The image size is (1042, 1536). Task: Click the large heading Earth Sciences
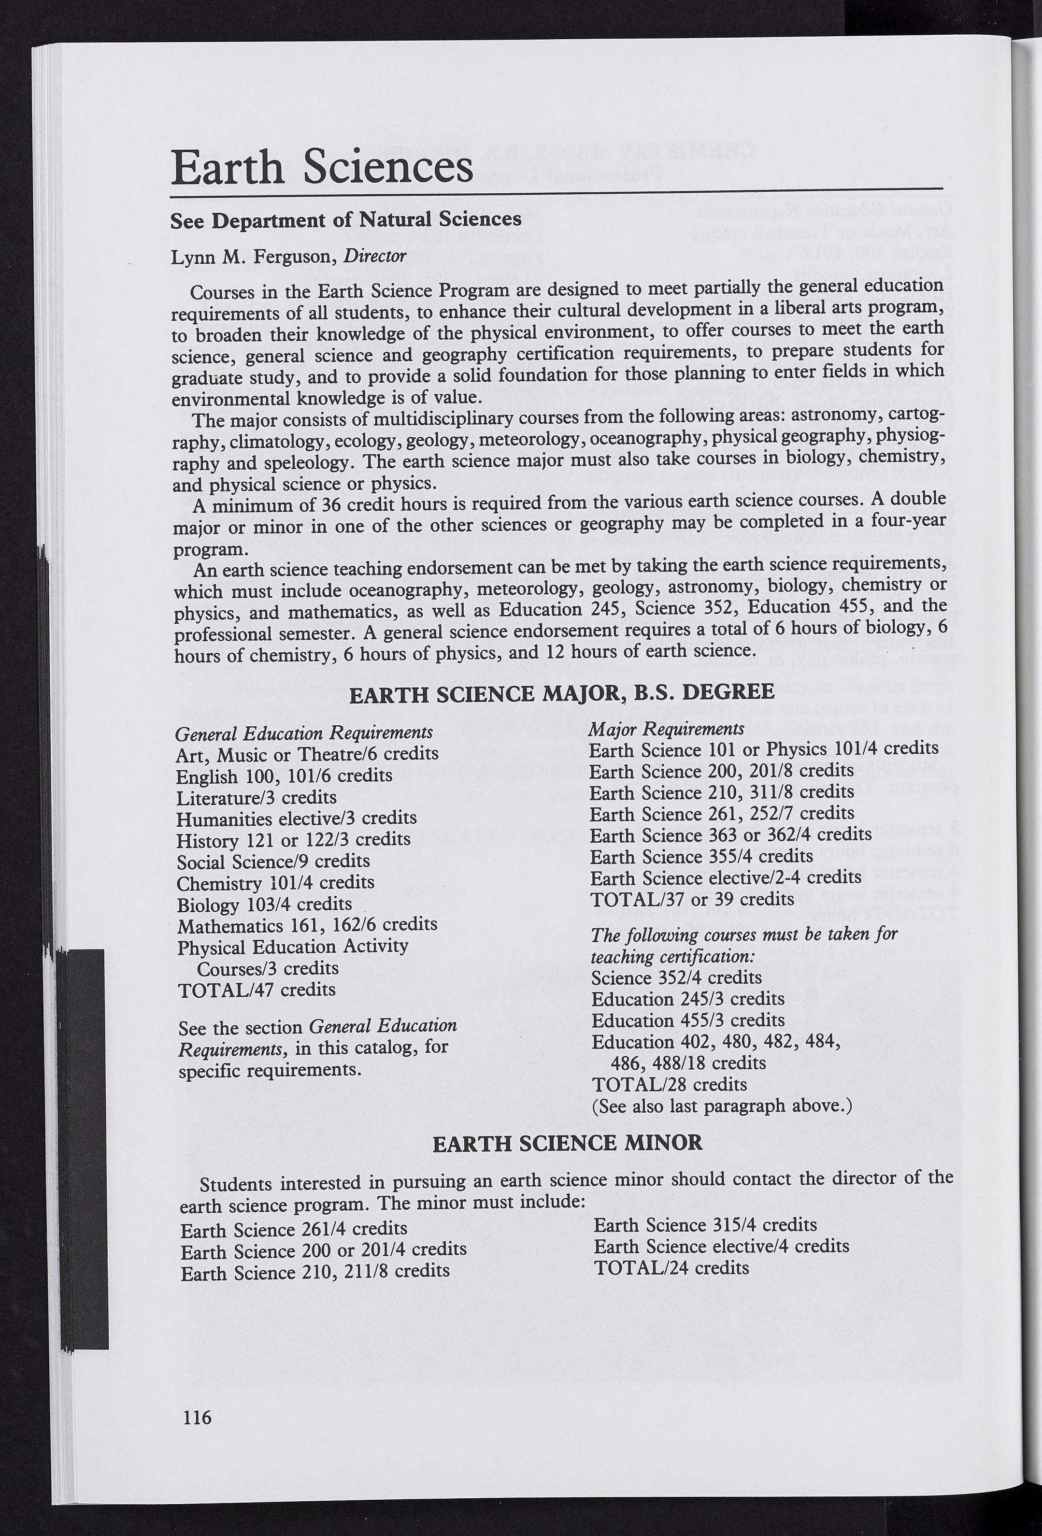pyautogui.click(x=322, y=167)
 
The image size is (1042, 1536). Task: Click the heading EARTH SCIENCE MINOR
pyautogui.click(x=568, y=1143)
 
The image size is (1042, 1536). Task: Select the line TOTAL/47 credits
pyautogui.click(x=257, y=990)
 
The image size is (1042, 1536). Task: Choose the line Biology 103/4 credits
pyautogui.click(x=264, y=904)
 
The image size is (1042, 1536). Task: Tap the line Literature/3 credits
pyautogui.click(x=257, y=797)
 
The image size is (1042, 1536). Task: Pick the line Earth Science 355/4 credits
pyautogui.click(x=701, y=857)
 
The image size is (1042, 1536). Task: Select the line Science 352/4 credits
pyautogui.click(x=677, y=977)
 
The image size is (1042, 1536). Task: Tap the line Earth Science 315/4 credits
pyautogui.click(x=705, y=1225)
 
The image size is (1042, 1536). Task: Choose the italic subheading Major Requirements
pyautogui.click(x=666, y=729)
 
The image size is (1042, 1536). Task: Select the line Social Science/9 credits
pyautogui.click(x=273, y=861)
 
